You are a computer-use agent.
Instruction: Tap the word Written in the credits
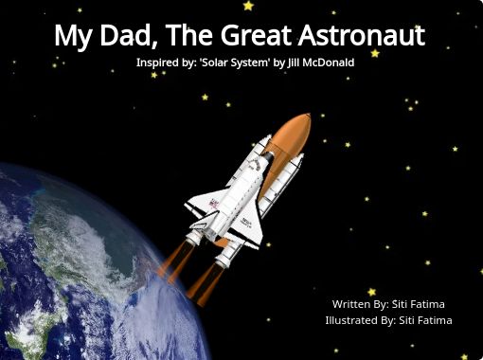pyautogui.click(x=349, y=304)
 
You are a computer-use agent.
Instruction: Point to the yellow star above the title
pyautogui.click(x=248, y=6)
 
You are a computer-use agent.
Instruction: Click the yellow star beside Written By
pyautogui.click(x=371, y=292)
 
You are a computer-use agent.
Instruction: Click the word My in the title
pyautogui.click(x=70, y=37)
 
